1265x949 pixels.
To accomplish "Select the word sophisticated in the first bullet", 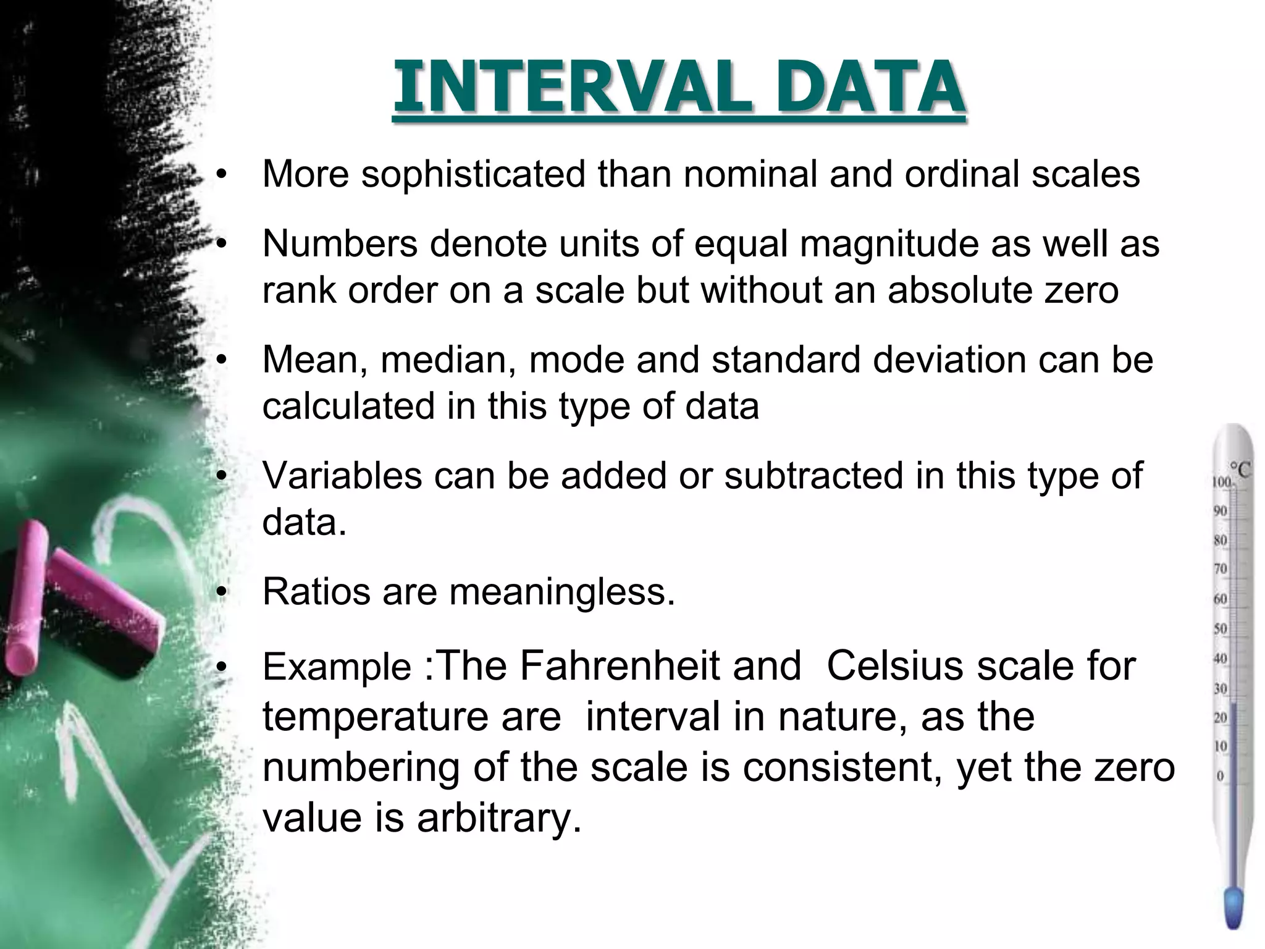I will click(473, 175).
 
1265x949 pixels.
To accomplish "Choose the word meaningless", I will click(562, 592).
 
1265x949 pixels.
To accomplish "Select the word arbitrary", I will click(499, 818).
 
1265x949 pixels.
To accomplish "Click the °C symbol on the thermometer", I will click(1239, 470).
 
